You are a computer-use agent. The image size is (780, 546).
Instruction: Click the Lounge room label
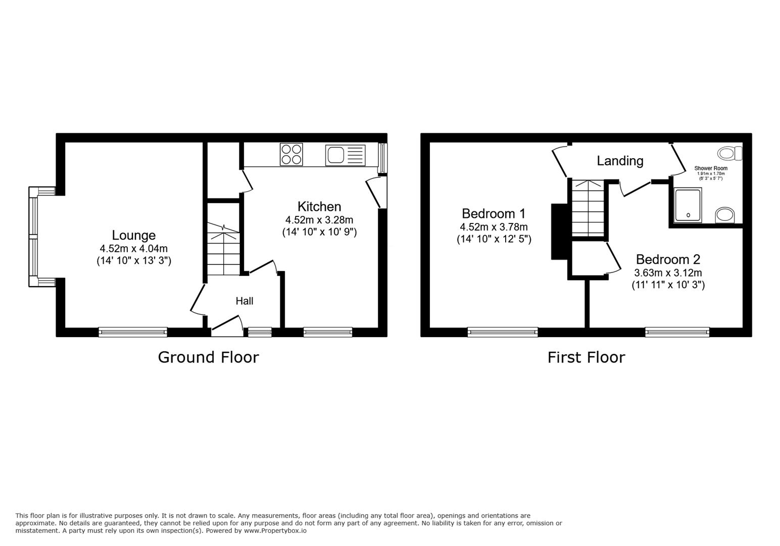(x=134, y=235)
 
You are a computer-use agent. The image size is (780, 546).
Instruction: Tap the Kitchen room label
(x=319, y=207)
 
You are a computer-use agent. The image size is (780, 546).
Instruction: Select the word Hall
(x=245, y=301)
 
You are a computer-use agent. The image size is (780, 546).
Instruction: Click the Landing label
(x=620, y=161)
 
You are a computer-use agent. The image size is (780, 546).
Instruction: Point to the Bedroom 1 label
(x=494, y=213)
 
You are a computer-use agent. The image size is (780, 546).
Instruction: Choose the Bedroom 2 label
(x=668, y=259)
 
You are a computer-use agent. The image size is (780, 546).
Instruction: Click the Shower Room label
(x=711, y=168)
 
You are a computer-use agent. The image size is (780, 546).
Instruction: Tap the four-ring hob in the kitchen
(x=291, y=155)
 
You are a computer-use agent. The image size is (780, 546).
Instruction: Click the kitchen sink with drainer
(x=345, y=155)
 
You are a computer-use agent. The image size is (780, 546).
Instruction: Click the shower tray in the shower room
(x=688, y=205)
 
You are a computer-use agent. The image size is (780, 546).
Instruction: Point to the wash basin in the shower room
(x=725, y=215)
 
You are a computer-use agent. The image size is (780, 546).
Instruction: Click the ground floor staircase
(x=223, y=249)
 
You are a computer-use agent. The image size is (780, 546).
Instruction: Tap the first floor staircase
(x=588, y=208)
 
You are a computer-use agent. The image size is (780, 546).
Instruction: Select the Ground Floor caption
(x=208, y=357)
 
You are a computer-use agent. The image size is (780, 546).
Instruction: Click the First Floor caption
(x=587, y=357)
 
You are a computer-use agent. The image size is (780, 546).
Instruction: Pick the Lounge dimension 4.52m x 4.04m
(x=134, y=249)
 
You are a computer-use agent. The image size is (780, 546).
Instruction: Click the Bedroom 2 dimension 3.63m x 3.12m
(x=668, y=273)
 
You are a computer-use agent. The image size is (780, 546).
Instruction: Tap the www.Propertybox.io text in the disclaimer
(x=275, y=531)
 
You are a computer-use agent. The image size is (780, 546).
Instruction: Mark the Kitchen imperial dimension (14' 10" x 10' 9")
(x=319, y=232)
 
